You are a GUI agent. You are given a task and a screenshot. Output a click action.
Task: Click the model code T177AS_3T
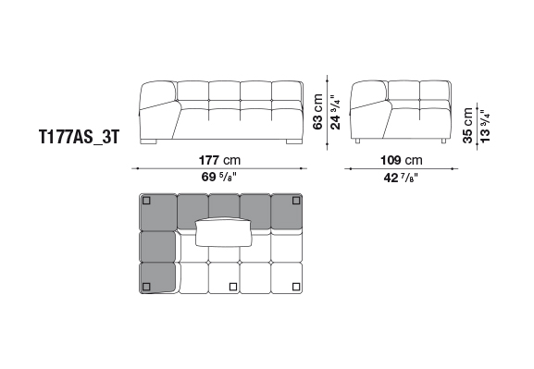tap(80, 137)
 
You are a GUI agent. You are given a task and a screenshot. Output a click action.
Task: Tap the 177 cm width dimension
tap(219, 160)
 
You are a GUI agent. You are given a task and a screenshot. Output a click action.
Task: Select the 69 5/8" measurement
tap(219, 177)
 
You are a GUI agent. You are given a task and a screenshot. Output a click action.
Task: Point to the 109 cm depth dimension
tap(401, 160)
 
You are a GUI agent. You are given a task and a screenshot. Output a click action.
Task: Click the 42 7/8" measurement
tap(401, 178)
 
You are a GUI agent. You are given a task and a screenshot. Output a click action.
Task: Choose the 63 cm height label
tap(317, 112)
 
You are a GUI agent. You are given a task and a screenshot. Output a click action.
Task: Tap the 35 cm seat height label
tap(468, 125)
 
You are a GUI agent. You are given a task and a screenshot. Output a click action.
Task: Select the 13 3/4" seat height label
tap(485, 126)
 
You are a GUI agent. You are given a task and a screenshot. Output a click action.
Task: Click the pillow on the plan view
tap(223, 231)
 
